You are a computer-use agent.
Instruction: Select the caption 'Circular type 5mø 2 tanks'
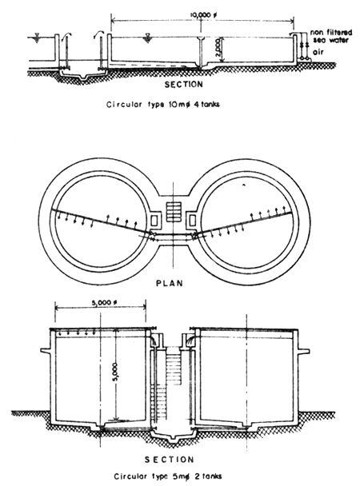170,478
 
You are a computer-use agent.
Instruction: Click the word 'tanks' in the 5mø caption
210,478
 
